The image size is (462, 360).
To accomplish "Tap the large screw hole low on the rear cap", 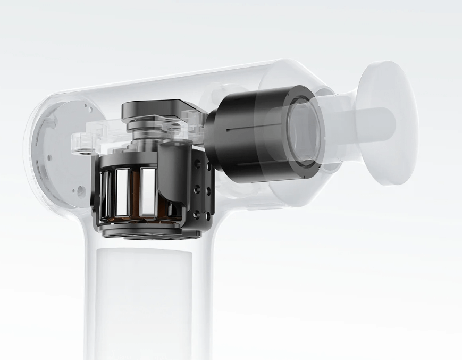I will [x=80, y=190].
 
